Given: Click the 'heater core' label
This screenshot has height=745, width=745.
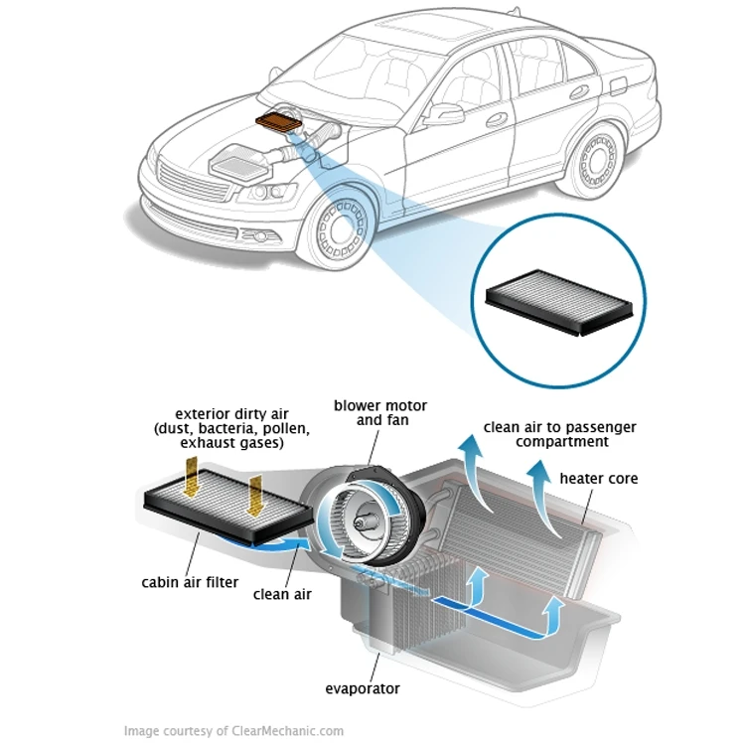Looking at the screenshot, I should [598, 478].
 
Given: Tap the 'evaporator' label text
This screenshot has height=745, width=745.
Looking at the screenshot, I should [363, 688].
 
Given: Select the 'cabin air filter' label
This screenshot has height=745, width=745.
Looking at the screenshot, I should [190, 581].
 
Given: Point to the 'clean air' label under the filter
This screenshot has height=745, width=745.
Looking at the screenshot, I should [282, 594].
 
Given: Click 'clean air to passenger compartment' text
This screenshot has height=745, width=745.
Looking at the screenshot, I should [560, 434].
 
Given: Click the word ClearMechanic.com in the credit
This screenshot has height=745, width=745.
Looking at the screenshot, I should [288, 731].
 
